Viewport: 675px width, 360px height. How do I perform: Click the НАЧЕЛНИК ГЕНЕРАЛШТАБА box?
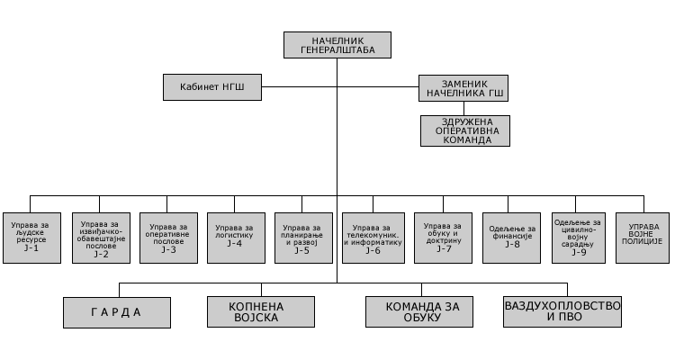(x=337, y=45)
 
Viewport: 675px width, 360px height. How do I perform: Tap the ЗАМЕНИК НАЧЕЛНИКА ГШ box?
(x=464, y=87)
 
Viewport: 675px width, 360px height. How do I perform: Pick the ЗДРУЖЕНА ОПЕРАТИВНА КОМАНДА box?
(x=464, y=130)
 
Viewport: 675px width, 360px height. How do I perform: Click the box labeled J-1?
(x=31, y=237)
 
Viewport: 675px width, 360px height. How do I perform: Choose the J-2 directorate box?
(x=100, y=237)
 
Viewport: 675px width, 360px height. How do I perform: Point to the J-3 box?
(x=168, y=237)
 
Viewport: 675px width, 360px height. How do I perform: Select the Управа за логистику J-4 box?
(x=235, y=237)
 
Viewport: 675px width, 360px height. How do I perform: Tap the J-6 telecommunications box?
(x=373, y=237)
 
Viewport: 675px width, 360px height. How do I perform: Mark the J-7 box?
(x=443, y=237)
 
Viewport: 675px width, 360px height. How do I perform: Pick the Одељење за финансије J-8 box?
(x=509, y=237)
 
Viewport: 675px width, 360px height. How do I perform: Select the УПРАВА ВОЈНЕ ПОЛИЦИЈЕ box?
(x=643, y=237)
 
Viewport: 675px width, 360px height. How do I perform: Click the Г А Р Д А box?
(x=117, y=311)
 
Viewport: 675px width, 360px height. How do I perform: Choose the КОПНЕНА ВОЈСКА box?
(x=258, y=311)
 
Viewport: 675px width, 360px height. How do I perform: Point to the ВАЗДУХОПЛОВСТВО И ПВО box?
(x=563, y=311)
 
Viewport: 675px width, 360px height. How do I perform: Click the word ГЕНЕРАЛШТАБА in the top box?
(x=337, y=51)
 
